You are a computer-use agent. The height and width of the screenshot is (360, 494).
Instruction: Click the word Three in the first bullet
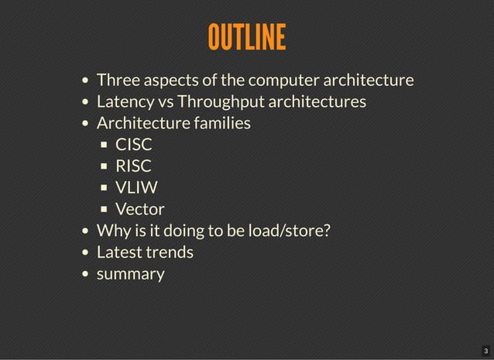coord(117,80)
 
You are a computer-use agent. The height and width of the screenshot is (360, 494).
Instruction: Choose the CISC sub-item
coord(133,144)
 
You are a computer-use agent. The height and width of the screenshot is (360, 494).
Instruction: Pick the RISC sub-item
coord(133,166)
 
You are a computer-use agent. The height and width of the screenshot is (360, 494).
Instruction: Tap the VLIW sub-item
coord(136,187)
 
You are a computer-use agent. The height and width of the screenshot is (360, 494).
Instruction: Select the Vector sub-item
coord(139,209)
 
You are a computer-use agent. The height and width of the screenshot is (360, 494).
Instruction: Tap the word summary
coord(130,274)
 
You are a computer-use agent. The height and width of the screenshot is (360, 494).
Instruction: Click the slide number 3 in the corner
coord(485,351)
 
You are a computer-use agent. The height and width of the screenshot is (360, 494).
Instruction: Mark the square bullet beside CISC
coord(105,145)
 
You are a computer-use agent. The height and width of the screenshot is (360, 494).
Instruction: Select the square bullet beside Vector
coord(105,210)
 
